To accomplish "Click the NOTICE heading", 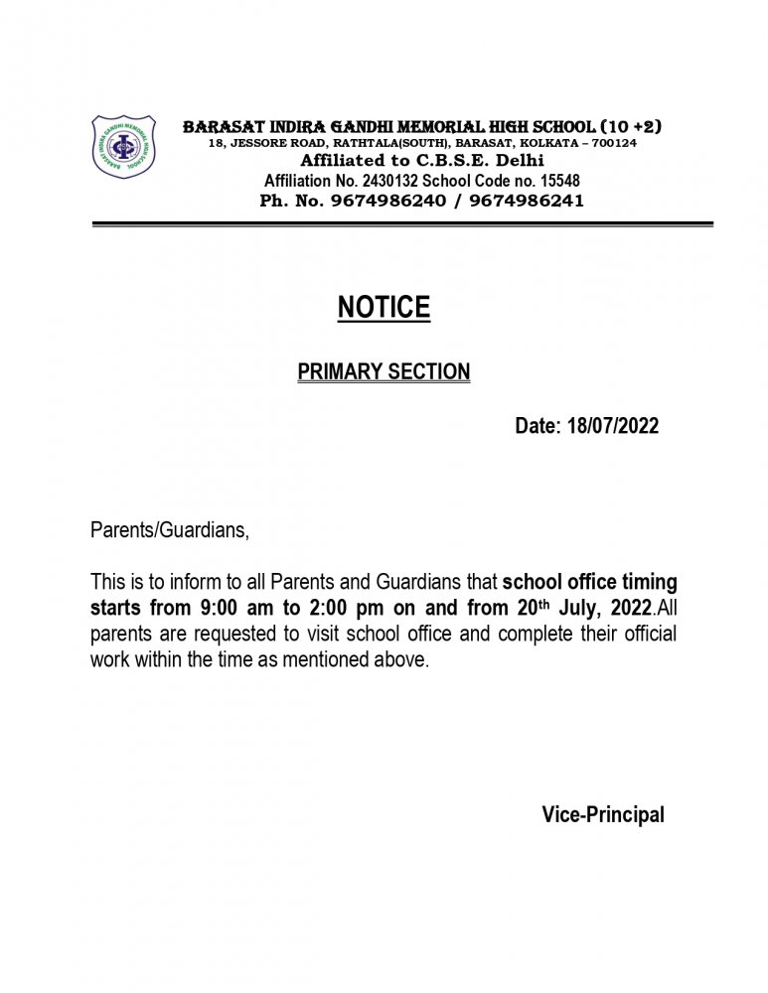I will [384, 308].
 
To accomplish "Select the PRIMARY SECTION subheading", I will [384, 372].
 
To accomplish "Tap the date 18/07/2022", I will [612, 426].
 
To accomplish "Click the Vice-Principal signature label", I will [603, 815].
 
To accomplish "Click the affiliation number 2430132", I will [394, 181].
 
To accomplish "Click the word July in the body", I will [569, 606].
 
